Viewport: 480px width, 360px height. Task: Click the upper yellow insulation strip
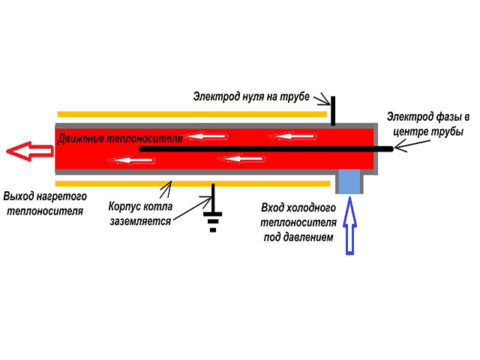pos(191,114)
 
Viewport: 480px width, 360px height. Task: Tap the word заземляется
pos(139,221)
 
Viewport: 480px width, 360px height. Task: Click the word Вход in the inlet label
pos(274,207)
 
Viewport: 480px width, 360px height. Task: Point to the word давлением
pos(309,238)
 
